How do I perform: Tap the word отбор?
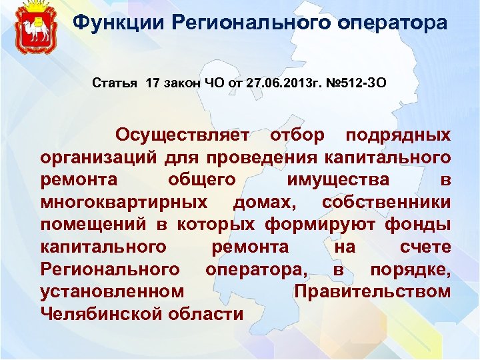tap(297, 135)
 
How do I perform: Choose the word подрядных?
tap(398, 135)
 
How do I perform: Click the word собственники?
tap(386, 203)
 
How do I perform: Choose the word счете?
tap(425, 247)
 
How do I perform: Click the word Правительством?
tap(372, 292)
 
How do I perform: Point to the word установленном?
tap(112, 292)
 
